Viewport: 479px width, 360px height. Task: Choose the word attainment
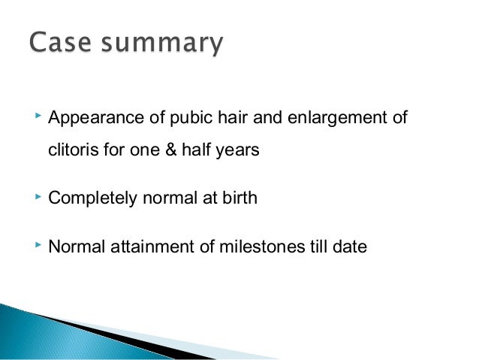click(148, 245)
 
